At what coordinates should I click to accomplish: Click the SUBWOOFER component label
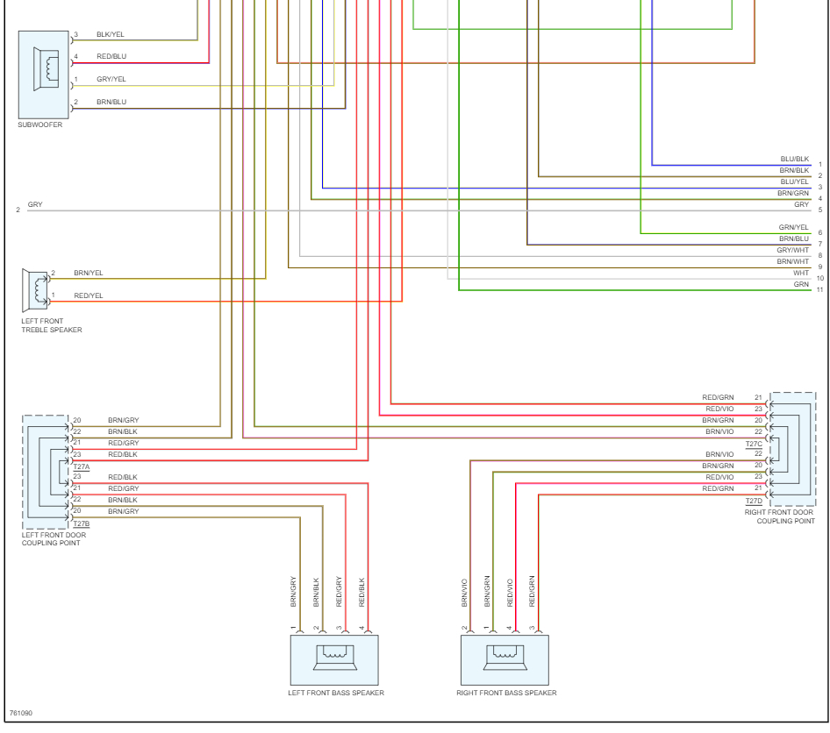click(x=40, y=125)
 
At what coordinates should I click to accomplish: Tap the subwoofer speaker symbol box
click(x=43, y=75)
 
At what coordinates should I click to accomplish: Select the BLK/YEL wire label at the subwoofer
click(x=110, y=34)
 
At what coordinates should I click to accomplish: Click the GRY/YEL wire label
click(x=111, y=79)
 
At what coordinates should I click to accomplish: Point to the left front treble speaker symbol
click(x=35, y=290)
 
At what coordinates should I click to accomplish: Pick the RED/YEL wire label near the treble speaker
click(x=89, y=295)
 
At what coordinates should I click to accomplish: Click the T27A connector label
click(x=82, y=467)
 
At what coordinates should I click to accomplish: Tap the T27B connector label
click(x=82, y=524)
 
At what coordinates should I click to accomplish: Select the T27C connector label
click(x=754, y=445)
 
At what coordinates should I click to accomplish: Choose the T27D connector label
click(x=754, y=502)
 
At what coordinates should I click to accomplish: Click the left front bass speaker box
click(x=334, y=660)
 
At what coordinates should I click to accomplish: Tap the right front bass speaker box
click(x=505, y=660)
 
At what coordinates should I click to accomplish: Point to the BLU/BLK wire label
click(x=795, y=160)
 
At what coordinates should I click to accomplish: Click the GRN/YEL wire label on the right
click(x=793, y=227)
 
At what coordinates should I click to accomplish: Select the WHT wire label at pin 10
click(x=801, y=273)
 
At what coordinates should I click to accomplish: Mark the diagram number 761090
click(x=21, y=713)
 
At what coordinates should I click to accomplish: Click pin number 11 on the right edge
click(x=820, y=290)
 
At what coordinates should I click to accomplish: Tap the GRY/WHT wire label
click(x=793, y=250)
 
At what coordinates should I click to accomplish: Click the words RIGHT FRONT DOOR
click(x=778, y=512)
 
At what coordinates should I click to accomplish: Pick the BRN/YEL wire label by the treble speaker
click(x=89, y=273)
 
